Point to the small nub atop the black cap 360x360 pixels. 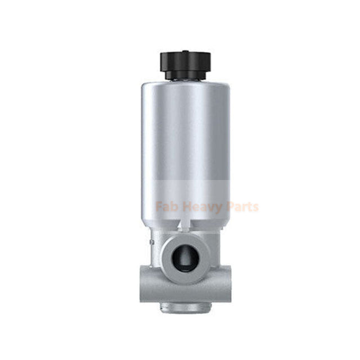186,51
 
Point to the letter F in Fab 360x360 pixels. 159,206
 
